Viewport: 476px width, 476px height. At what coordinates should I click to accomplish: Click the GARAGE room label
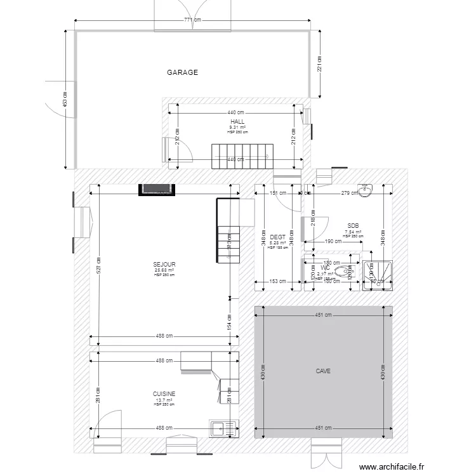pos(183,72)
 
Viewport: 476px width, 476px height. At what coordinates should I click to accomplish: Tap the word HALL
pos(237,121)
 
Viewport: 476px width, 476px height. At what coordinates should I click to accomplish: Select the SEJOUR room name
pos(164,264)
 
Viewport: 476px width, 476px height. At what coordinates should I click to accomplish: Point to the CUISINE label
pos(164,394)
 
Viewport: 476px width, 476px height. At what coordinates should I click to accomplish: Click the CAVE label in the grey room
pos(323,371)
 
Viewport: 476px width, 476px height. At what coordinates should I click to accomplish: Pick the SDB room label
pos(353,226)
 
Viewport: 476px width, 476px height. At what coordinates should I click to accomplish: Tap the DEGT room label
pos(277,237)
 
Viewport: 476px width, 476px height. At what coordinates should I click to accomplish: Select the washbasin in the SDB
pos(366,190)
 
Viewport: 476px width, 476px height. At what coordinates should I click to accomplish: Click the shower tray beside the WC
pos(378,275)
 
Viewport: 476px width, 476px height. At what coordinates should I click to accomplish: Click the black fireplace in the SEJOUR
pos(156,189)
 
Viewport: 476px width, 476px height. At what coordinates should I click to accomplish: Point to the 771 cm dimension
pos(192,20)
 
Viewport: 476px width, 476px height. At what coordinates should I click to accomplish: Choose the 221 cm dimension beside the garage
pos(321,63)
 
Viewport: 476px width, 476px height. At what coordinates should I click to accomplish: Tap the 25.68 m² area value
pos(164,270)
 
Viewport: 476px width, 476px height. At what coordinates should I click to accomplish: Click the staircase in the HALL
pos(242,155)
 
